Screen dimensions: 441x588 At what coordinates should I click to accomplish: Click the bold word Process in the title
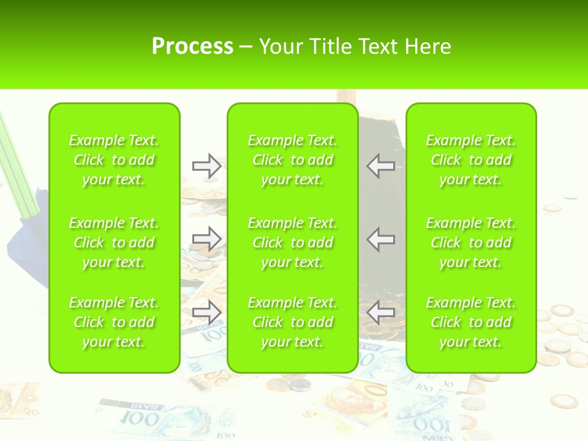(192, 47)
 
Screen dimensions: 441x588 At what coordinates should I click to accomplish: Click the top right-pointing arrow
(206, 166)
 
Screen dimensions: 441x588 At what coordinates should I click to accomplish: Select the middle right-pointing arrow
(206, 238)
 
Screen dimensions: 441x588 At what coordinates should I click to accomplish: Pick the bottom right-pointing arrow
(206, 312)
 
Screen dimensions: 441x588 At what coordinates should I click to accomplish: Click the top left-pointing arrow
(380, 166)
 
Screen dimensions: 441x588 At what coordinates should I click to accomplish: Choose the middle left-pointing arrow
(380, 238)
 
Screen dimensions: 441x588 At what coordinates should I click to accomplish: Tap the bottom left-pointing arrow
(380, 312)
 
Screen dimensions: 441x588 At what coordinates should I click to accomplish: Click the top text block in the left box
(114, 160)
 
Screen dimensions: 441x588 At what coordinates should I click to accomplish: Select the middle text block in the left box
(114, 243)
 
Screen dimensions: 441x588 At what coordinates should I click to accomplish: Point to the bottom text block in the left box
(114, 322)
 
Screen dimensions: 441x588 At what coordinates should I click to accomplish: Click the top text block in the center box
(292, 160)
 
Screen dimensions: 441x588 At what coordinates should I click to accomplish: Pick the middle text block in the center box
(292, 243)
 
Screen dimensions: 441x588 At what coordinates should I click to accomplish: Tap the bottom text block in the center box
(292, 322)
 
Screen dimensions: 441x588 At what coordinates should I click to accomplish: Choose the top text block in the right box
(470, 160)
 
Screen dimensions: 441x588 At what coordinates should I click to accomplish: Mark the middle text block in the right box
(470, 243)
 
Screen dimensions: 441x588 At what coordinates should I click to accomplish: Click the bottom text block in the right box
(470, 322)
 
